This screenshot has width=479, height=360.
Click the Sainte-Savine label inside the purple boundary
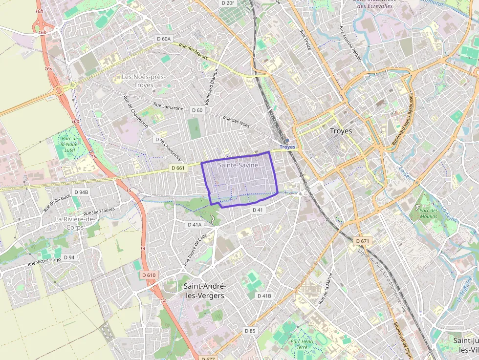point(238,165)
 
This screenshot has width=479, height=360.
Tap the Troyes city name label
point(341,131)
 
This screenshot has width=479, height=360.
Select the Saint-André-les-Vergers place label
point(204,291)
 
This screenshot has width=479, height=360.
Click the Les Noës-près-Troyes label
point(144,81)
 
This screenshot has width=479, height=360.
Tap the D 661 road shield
point(178,168)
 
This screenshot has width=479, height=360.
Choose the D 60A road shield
point(164,39)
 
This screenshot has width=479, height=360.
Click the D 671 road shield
point(362,241)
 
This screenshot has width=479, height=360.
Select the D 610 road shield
point(149,275)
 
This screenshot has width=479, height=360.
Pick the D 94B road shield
point(81,192)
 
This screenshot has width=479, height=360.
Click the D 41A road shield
point(195,225)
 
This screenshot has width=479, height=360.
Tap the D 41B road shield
point(264,296)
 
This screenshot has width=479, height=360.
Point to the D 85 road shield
point(250,331)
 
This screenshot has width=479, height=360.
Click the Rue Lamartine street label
point(168,106)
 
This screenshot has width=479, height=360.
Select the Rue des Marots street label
point(194,52)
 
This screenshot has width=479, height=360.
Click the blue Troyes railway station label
point(287,147)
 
